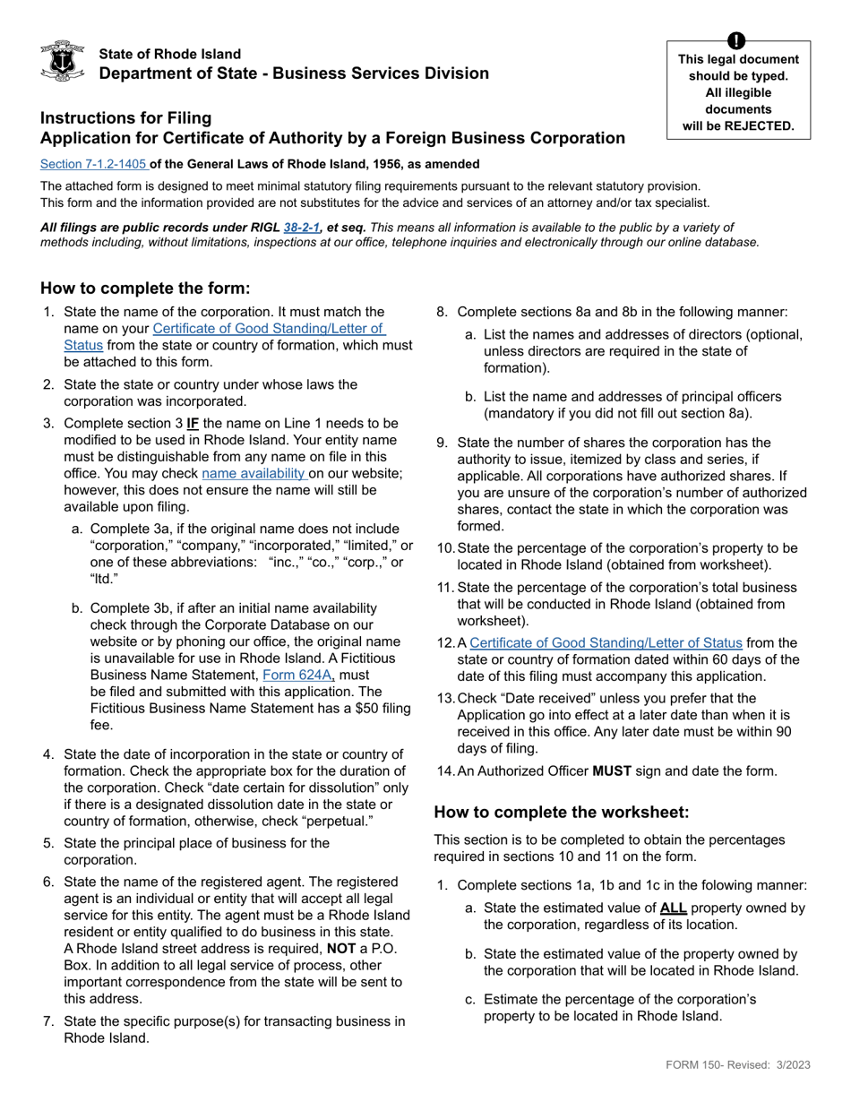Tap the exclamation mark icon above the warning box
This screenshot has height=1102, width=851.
point(736,40)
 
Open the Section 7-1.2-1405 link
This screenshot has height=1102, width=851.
point(94,164)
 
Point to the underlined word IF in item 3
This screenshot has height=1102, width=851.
point(193,422)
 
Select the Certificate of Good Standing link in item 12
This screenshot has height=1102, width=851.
point(606,642)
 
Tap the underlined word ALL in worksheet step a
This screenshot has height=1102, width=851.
point(673,908)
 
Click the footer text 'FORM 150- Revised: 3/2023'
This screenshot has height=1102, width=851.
point(737,1064)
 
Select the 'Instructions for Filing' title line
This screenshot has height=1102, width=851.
point(125,117)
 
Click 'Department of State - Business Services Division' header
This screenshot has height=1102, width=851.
point(294,73)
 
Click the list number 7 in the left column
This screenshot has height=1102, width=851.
point(48,1021)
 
